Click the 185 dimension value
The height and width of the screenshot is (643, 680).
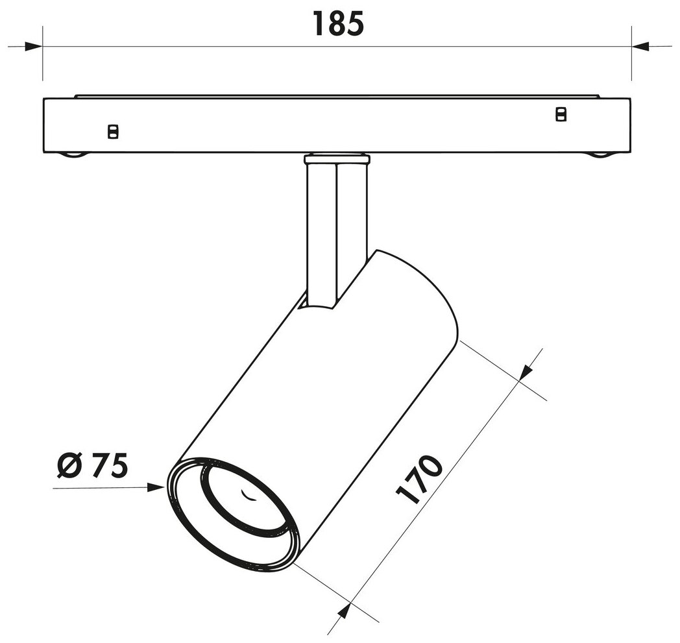(x=338, y=24)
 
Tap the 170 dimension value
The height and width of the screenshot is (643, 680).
(x=420, y=479)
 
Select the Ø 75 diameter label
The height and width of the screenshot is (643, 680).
(x=92, y=466)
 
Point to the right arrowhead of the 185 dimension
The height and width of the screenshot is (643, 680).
(x=640, y=46)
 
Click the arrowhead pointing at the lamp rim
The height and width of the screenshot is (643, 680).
(x=156, y=487)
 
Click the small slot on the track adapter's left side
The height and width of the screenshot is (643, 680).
(x=113, y=132)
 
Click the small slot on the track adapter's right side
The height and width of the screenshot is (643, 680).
(x=561, y=114)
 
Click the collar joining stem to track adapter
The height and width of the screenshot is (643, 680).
(x=337, y=158)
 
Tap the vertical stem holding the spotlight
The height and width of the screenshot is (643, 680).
(x=337, y=234)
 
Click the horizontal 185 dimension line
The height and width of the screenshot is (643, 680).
(x=337, y=46)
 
